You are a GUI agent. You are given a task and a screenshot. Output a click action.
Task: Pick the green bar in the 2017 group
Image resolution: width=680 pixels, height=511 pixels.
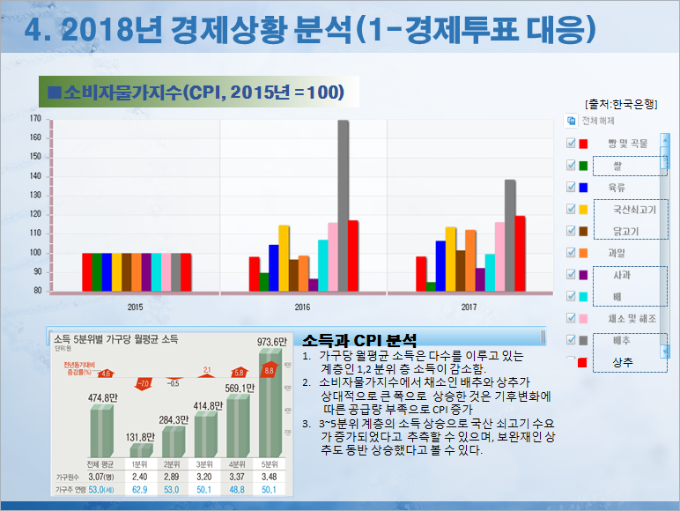[431, 286]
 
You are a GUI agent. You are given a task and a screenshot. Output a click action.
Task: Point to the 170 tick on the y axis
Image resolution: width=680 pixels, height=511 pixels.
[35, 118]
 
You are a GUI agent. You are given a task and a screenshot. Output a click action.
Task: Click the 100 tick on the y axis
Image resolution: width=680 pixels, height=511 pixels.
[35, 253]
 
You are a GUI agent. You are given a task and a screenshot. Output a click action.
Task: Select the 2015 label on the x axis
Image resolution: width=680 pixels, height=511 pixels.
[136, 307]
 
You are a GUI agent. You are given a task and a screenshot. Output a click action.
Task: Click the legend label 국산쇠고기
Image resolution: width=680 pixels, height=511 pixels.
[627, 210]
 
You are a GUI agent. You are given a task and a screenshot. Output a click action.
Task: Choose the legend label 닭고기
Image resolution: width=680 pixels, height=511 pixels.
[626, 231]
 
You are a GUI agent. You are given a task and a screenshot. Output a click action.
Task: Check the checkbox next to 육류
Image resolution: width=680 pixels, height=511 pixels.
[570, 187]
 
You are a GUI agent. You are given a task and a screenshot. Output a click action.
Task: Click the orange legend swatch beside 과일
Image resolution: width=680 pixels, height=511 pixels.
[583, 253]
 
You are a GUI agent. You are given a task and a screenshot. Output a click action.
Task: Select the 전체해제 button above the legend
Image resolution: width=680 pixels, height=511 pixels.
[597, 121]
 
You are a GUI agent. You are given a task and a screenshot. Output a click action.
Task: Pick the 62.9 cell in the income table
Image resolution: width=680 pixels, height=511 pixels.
[138, 489]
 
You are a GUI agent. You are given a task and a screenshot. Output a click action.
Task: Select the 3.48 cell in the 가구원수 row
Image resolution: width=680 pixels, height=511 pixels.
[270, 477]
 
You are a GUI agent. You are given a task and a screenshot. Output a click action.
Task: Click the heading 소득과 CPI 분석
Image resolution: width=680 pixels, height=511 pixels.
[358, 339]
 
